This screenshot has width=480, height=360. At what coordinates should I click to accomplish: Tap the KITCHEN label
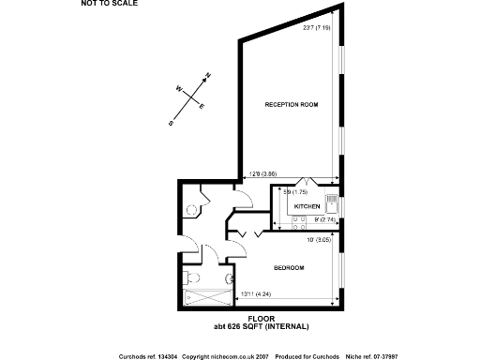(x=307, y=206)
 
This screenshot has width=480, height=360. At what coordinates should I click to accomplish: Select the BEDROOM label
(x=289, y=268)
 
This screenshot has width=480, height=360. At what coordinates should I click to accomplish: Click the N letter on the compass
(x=208, y=74)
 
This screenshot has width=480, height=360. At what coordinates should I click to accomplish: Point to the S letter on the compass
(x=171, y=122)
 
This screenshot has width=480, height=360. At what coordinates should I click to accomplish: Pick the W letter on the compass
(x=177, y=89)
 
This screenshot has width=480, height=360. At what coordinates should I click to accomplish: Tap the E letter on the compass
(x=202, y=106)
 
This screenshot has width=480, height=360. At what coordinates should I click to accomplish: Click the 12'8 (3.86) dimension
(x=262, y=173)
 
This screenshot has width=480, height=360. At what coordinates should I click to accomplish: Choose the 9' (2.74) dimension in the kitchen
(x=325, y=220)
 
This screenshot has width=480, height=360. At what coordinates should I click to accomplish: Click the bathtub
(x=207, y=300)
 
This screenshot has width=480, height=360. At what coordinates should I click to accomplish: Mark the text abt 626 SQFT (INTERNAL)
(x=262, y=325)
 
